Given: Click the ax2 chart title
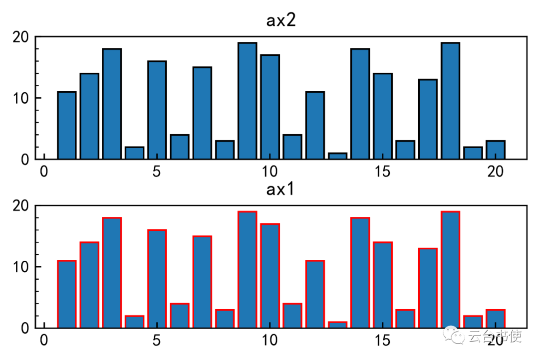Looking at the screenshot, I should [x=282, y=21].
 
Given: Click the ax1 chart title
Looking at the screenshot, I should [x=282, y=190].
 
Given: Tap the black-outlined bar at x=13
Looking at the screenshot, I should [x=337, y=156].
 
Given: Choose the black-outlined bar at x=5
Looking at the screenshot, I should [x=157, y=110].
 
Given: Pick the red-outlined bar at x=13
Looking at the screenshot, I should [x=337, y=325].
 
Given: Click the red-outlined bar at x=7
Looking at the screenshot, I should [x=202, y=282].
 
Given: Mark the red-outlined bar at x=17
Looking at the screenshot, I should [x=428, y=288].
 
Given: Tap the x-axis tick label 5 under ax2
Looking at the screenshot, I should [x=157, y=172].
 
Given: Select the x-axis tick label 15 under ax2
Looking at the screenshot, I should [x=382, y=172].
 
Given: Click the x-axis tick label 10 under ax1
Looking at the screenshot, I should [x=269, y=341].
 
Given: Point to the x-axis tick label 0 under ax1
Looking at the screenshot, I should [x=44, y=341].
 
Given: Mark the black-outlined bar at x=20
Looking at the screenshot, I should [x=496, y=150].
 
